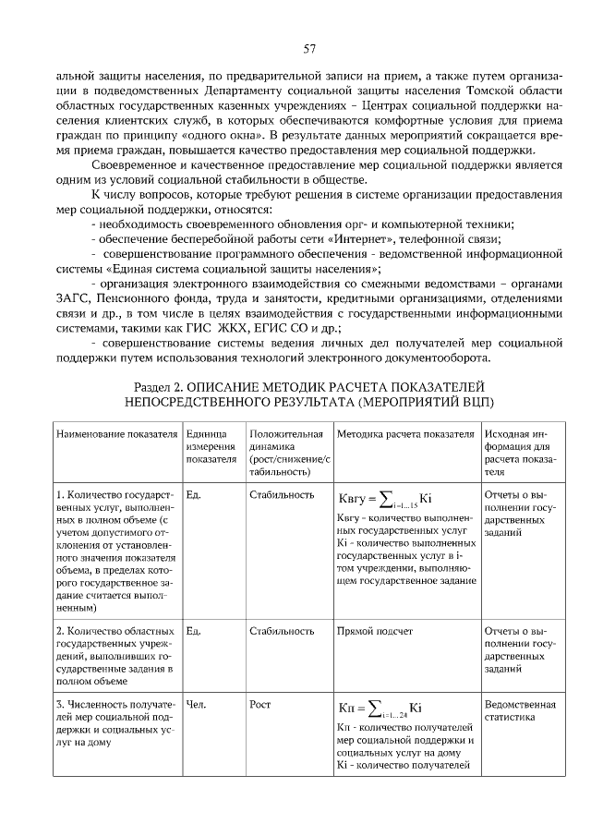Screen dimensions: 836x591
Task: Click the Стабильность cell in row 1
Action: pyautogui.click(x=282, y=494)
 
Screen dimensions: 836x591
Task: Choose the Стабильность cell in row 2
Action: pyautogui.click(x=282, y=631)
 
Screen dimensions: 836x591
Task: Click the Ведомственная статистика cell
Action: pyautogui.click(x=520, y=711)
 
